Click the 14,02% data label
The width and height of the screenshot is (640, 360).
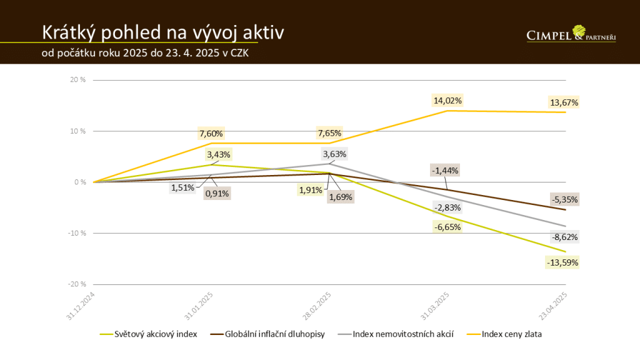point(447,101)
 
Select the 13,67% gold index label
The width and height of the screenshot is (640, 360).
point(564,102)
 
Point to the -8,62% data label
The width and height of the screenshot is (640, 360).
point(564,237)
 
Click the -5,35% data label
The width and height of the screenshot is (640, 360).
point(564,200)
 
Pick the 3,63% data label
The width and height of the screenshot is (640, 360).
point(334,154)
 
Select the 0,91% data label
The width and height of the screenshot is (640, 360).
point(217,194)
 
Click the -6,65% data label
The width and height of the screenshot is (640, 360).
point(447,227)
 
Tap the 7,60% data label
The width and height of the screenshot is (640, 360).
point(211,133)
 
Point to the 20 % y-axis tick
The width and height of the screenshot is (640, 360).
point(78,80)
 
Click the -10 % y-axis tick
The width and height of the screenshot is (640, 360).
point(77,233)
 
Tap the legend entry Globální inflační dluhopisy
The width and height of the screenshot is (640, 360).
point(274,334)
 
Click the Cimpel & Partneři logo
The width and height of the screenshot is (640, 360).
point(571,34)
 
